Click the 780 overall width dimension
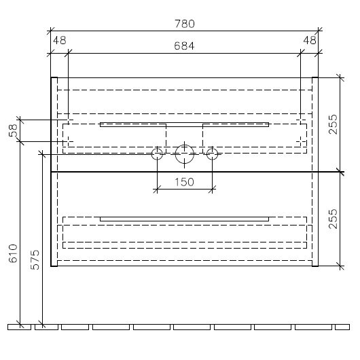pos(185,24)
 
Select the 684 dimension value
pos(184,46)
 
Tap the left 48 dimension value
pos(60,41)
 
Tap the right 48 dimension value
pos(310,41)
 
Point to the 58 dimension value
pos(14,130)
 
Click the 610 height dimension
pos(13,253)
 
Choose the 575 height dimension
pos(35,259)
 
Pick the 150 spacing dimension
pos(184,182)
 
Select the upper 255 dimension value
pos(333,124)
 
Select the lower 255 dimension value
pos(333,219)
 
